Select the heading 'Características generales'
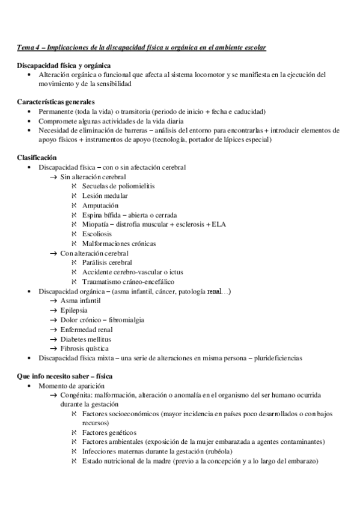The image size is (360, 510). (x=55, y=102)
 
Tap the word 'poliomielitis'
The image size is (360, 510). (x=135, y=186)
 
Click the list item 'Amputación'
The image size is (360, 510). (x=104, y=206)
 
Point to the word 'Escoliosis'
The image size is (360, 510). (x=102, y=234)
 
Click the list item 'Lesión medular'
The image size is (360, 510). (x=106, y=196)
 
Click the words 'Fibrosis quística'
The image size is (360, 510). (x=84, y=348)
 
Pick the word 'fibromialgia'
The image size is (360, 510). (x=126, y=320)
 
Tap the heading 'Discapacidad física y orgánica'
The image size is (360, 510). (x=64, y=66)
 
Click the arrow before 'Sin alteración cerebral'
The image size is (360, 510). (x=53, y=177)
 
